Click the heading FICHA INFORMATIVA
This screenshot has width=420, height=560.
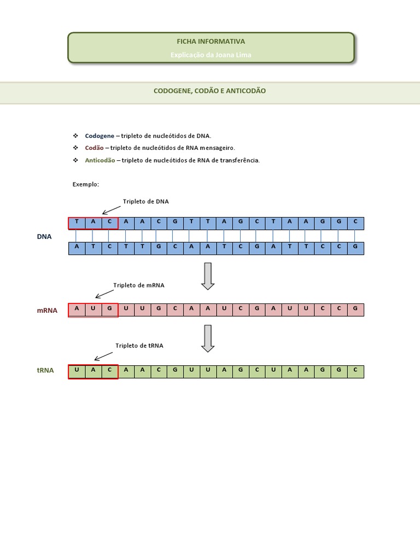coord(211,42)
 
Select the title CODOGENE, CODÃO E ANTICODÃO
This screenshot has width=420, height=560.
coord(209,91)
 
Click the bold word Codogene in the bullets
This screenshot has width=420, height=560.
coord(100,136)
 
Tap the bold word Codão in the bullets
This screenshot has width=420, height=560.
coord(94,148)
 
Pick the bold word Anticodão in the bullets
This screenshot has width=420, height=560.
coord(100,160)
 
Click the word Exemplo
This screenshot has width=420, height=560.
coord(86,184)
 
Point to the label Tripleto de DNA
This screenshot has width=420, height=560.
coord(146,201)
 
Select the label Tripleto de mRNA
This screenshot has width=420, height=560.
coord(139,285)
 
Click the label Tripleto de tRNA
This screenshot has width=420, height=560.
coord(139,345)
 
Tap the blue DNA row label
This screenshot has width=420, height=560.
coord(44,236)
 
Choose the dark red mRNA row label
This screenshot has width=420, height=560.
coord(47,310)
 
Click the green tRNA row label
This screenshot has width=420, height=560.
coord(45,370)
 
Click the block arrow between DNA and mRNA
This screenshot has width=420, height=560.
coord(208,276)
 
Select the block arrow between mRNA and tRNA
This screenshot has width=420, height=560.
coord(208,338)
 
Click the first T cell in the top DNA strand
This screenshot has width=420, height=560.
coord(77,221)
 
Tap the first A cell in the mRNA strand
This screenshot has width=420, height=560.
coord(77,308)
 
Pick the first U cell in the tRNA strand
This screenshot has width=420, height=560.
coord(77,370)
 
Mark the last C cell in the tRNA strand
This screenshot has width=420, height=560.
coord(355,370)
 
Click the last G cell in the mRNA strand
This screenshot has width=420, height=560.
coord(355,308)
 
